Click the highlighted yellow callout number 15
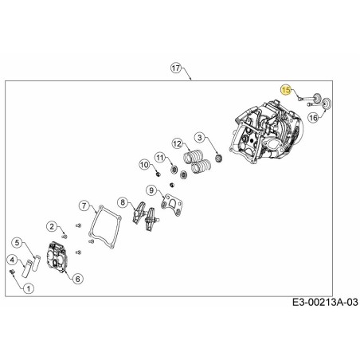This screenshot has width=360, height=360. point(286,91)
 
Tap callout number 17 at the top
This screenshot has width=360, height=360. point(176,68)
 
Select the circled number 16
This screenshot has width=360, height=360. point(314,118)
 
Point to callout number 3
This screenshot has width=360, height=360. point(200,137)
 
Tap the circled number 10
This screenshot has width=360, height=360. point(145,165)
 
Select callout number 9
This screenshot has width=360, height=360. point(151,190)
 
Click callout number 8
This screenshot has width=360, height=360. point(123,202)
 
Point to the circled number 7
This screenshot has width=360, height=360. point(84,205)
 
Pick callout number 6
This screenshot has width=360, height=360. point(77,278)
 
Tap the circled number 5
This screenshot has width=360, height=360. point(17,241)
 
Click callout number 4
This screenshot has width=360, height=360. point(11,259)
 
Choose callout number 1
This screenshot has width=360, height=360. point(29,289)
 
